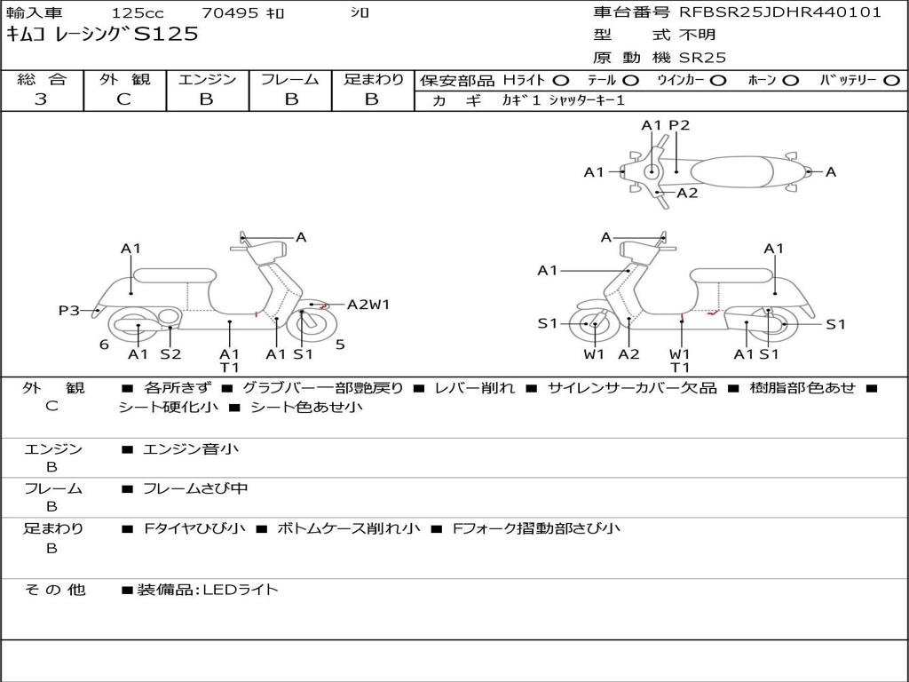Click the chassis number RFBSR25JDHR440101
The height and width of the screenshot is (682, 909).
click(x=780, y=12)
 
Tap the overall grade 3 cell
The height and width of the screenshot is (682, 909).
click(x=41, y=99)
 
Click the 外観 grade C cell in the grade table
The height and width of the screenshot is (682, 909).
click(x=123, y=99)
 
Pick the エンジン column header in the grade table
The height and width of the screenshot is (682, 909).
click(x=207, y=79)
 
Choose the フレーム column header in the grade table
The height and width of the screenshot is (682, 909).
click(x=289, y=79)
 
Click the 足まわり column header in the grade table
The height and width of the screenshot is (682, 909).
click(x=373, y=79)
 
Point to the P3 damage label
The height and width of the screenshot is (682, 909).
click(x=69, y=310)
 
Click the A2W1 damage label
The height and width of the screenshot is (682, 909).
click(x=368, y=305)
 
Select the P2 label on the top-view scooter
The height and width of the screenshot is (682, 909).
click(x=679, y=125)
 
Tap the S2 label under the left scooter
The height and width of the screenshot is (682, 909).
click(x=170, y=353)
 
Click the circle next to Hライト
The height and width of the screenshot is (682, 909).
click(x=561, y=80)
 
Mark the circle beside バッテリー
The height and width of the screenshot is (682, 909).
click(x=891, y=80)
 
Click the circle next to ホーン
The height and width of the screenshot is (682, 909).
click(x=790, y=80)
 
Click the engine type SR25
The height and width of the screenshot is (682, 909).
click(x=702, y=58)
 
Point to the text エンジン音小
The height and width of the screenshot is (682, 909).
click(x=191, y=449)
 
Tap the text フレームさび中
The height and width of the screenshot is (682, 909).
click(x=195, y=488)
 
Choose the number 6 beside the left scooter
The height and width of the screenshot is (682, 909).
click(x=104, y=345)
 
